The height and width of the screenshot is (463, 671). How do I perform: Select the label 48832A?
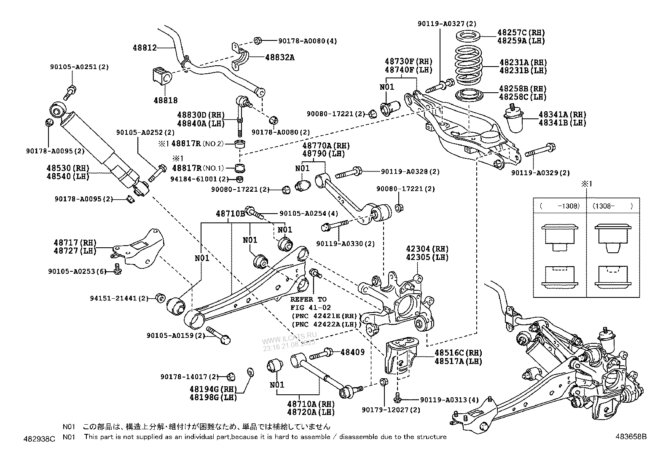point(279,57)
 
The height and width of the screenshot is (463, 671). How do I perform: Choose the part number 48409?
point(352,352)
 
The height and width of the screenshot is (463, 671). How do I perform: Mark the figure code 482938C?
point(40,439)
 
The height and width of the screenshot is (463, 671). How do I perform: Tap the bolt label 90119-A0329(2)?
point(540,173)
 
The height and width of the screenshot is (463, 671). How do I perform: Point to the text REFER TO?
point(308,299)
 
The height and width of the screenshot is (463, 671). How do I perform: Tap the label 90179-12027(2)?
point(385,409)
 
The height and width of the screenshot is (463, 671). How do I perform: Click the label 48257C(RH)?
point(521,32)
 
